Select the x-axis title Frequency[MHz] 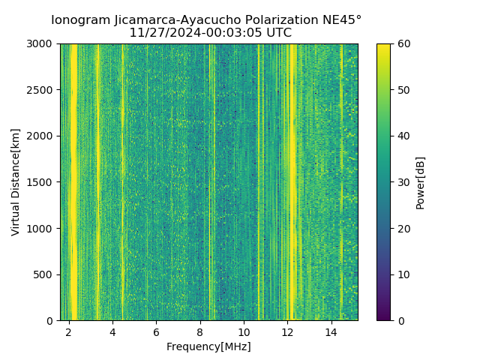point(208,346)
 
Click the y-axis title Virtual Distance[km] point(15,182)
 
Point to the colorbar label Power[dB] point(420,182)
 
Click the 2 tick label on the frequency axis point(69,332)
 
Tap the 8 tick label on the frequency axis point(200,332)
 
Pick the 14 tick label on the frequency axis point(331,332)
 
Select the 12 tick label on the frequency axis point(287,332)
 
